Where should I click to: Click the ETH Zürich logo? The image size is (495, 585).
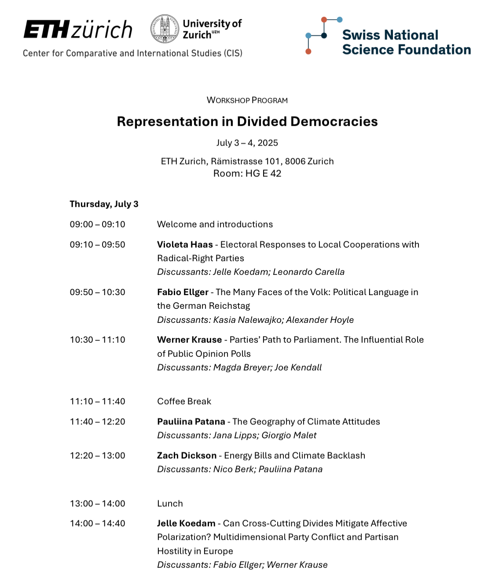pyautogui.click(x=78, y=29)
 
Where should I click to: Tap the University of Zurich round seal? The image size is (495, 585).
pyautogui.click(x=165, y=29)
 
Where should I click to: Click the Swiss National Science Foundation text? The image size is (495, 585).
pyautogui.click(x=406, y=42)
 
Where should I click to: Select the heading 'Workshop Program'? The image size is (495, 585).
pyautogui.click(x=247, y=100)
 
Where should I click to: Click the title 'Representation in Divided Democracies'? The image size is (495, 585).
pyautogui.click(x=247, y=121)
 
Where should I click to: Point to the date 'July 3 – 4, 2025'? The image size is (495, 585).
pyautogui.click(x=247, y=143)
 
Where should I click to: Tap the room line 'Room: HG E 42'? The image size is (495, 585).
pyautogui.click(x=247, y=173)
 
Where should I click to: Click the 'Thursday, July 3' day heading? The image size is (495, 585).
pyautogui.click(x=104, y=204)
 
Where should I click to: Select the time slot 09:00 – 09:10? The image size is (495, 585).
pyautogui.click(x=97, y=224)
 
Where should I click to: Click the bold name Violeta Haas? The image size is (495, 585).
pyautogui.click(x=185, y=245)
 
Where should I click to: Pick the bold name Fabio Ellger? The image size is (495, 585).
pyautogui.click(x=183, y=292)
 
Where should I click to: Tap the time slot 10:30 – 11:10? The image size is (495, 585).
pyautogui.click(x=97, y=340)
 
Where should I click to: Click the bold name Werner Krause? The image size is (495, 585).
pyautogui.click(x=189, y=340)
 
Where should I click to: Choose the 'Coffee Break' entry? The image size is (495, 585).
pyautogui.click(x=184, y=401)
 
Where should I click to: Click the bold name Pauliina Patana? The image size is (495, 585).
pyautogui.click(x=191, y=421)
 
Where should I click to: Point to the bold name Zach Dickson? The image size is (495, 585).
pyautogui.click(x=187, y=456)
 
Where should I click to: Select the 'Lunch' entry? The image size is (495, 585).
pyautogui.click(x=170, y=504)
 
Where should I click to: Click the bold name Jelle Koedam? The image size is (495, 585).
pyautogui.click(x=186, y=523)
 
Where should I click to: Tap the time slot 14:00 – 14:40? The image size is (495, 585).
pyautogui.click(x=97, y=523)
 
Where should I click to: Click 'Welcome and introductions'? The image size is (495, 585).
pyautogui.click(x=215, y=224)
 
